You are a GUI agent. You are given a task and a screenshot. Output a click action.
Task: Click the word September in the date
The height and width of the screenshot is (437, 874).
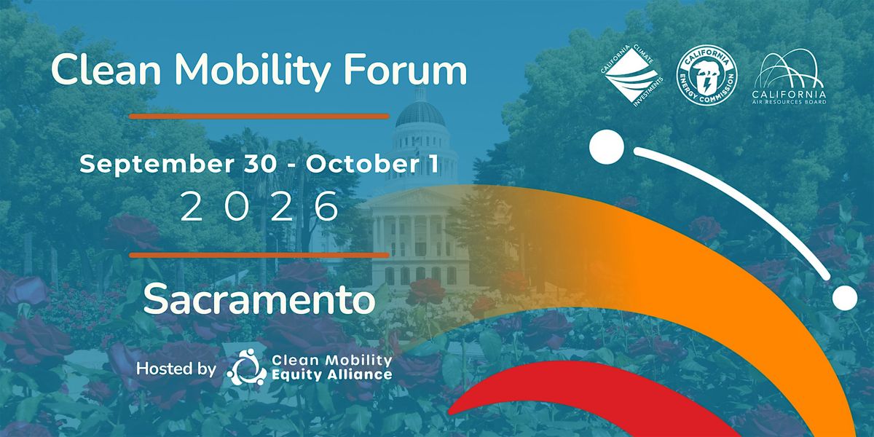pyautogui.click(x=157, y=165)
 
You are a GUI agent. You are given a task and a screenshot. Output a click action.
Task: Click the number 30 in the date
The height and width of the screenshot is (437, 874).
pyautogui.click(x=260, y=165)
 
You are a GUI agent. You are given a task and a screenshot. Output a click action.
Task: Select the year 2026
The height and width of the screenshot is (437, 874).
pyautogui.click(x=259, y=206)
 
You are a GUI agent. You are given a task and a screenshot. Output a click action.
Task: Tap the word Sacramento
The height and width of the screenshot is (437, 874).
pyautogui.click(x=259, y=299)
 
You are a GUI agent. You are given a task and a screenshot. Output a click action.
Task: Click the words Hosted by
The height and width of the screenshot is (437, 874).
pyautogui.click(x=176, y=369)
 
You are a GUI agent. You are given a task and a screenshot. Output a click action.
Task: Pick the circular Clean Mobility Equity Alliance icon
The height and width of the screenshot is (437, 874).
pyautogui.click(x=247, y=367)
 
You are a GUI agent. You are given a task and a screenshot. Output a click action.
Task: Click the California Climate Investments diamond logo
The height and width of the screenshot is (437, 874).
pyautogui.click(x=632, y=76)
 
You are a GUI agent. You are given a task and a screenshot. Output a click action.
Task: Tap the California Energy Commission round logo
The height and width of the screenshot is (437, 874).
pyautogui.click(x=707, y=75)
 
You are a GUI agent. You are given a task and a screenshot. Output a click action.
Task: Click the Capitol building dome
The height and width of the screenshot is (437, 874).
pyautogui.click(x=420, y=113)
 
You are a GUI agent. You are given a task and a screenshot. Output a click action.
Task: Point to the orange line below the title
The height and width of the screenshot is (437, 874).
pyautogui.click(x=259, y=117)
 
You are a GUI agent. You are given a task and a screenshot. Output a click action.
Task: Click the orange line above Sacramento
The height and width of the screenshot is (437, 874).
pyautogui.click(x=259, y=255)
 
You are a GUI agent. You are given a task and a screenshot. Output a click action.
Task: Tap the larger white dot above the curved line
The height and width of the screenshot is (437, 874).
pyautogui.click(x=607, y=147)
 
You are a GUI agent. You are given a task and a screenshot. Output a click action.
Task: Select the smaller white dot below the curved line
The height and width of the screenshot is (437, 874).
pyautogui.click(x=845, y=298)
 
